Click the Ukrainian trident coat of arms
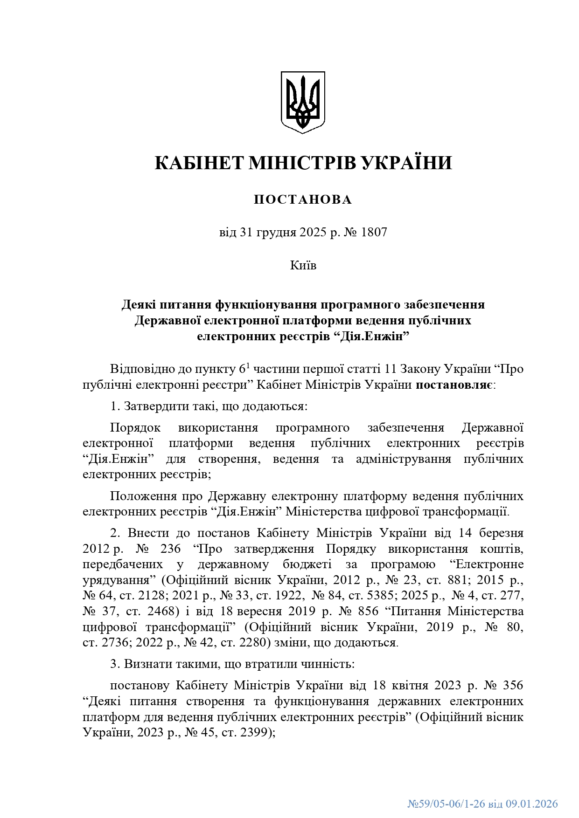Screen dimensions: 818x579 coord(302,102)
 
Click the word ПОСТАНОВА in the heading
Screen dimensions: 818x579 coord(303,199)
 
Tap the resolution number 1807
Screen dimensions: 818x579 coord(374,232)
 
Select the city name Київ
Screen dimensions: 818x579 coord(303,265)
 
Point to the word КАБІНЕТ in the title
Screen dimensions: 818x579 coord(199,163)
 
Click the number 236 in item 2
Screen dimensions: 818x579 coord(170,549)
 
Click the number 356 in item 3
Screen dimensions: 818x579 coord(513,685)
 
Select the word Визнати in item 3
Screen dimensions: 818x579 coord(145,664)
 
